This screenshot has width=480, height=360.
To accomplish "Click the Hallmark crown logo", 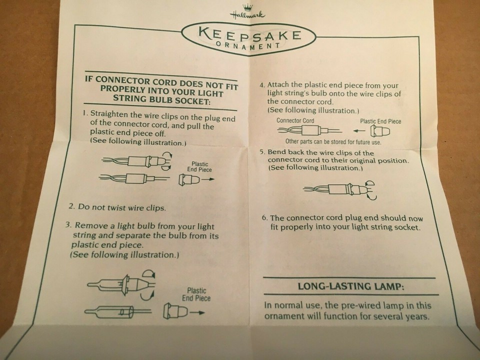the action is pos(247,12).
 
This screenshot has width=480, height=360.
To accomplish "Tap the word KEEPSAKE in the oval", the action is pos(249,35).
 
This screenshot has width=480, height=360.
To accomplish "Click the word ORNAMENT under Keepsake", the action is pos(248,46).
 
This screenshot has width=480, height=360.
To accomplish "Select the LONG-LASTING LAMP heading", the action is pos(351,286).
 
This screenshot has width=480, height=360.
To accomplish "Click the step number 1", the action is pos(85,112).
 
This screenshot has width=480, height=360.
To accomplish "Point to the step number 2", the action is pos(71,206).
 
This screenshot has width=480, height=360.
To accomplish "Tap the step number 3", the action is pos(68,225).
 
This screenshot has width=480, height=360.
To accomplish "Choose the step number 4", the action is pos(261,85).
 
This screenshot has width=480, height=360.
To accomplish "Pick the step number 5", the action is pos(262,152).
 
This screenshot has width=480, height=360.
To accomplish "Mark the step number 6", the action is pos(265,217).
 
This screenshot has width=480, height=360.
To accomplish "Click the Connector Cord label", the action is pos(295,120).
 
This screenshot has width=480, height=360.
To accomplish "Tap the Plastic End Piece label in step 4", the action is pos(380,121).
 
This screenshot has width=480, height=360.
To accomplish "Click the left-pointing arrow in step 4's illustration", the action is pos(359,131).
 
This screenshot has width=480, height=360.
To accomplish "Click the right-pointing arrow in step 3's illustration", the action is pos(197,312).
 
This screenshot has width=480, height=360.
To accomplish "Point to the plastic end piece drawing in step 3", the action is pos(175,311).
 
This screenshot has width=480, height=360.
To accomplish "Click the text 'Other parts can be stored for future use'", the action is pos(333,141).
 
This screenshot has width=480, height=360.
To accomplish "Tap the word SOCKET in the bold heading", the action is pos(192,101).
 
